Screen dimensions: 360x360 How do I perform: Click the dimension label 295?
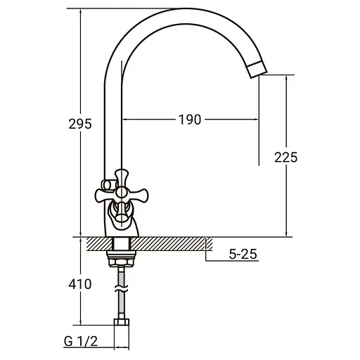[80, 124]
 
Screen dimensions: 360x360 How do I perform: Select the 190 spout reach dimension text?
[189, 120]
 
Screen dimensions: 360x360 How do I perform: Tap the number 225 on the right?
[285, 157]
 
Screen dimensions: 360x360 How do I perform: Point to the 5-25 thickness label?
[244, 255]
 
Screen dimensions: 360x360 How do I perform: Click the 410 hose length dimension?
[80, 285]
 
